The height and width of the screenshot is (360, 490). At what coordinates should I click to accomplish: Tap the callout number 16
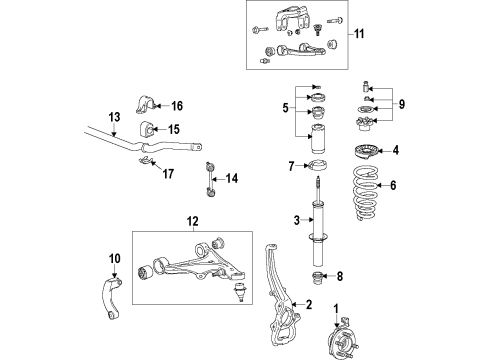177,106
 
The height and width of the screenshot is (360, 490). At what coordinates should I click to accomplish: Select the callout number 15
174,129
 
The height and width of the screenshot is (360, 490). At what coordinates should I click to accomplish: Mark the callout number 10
113,258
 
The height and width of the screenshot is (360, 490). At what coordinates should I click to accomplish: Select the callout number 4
395,152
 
